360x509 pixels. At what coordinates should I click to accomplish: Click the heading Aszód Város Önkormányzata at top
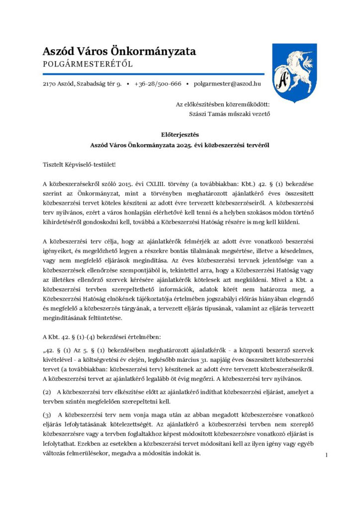click(x=119, y=51)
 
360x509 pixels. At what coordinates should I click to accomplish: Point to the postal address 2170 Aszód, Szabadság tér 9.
click(x=82, y=84)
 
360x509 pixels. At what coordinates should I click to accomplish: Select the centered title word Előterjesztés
click(x=180, y=134)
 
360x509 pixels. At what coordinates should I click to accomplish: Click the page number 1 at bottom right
click(x=326, y=455)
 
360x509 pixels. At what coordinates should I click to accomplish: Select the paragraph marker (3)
click(x=46, y=414)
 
